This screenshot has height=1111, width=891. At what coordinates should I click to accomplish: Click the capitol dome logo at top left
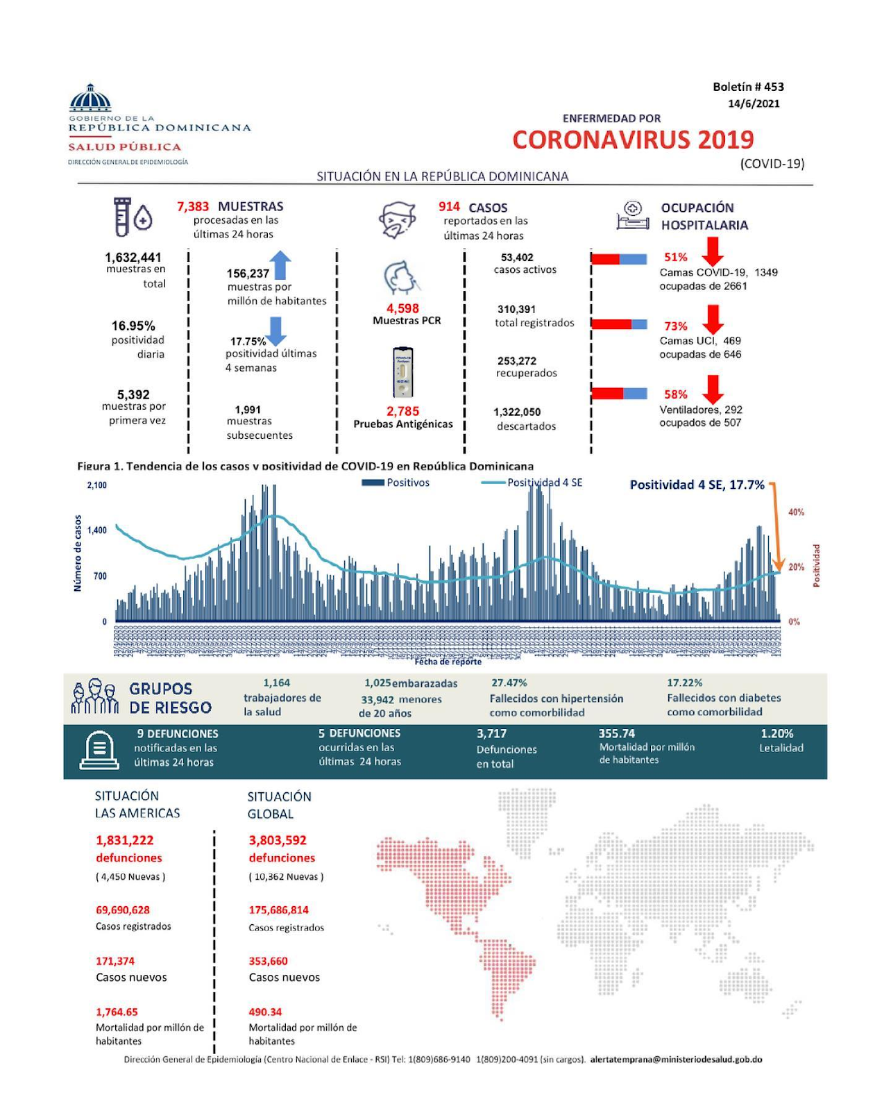90,98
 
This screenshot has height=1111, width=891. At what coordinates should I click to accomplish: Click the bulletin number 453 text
748,87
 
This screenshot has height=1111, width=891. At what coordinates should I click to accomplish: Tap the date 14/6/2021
754,103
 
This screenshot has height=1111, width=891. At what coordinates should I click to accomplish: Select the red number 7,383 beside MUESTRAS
193,206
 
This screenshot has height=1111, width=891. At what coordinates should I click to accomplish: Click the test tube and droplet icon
133,217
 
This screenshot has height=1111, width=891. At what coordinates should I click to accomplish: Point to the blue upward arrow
280,265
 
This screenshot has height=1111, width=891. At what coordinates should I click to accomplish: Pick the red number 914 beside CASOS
449,206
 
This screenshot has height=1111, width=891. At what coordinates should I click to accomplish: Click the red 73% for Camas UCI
675,326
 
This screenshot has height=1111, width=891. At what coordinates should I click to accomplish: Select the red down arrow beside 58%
713,389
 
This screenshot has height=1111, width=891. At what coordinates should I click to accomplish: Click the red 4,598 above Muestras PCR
402,308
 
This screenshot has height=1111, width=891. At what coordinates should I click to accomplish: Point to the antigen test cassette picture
403,372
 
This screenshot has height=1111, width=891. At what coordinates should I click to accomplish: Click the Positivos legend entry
396,483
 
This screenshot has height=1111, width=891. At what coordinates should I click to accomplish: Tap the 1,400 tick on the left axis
97,531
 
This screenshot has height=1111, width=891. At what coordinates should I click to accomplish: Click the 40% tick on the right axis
796,512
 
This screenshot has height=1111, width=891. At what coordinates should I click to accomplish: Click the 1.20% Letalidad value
777,733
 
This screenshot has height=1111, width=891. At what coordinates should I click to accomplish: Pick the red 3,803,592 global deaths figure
278,840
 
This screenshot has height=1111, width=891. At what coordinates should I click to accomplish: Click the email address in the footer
676,1060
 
